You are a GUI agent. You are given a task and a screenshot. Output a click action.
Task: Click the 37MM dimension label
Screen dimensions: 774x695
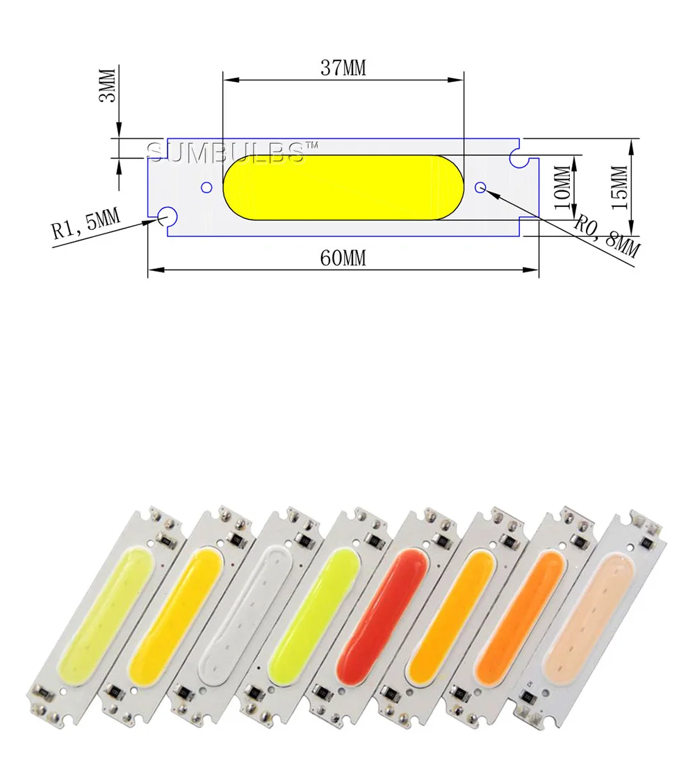coord(343,68)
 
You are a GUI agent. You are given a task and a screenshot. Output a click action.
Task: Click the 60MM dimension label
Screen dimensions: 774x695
coord(343,258)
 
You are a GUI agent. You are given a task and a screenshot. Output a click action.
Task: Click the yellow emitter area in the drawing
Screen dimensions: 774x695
coord(343,188)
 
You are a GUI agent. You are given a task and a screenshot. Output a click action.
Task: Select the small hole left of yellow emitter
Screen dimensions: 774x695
coord(206,188)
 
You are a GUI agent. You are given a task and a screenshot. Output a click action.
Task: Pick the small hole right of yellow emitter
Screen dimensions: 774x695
coord(481,187)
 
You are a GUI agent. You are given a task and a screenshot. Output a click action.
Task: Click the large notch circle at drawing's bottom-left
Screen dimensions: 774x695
coord(167,217)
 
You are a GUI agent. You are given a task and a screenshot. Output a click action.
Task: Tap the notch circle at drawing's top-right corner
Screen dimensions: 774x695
coord(518,158)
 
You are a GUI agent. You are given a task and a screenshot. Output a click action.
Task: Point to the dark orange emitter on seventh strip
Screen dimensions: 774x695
coord(525,611)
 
